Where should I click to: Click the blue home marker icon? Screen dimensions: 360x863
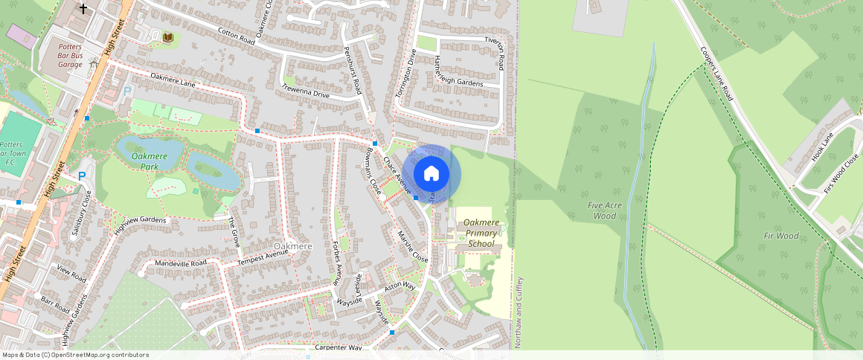click(x=431, y=174)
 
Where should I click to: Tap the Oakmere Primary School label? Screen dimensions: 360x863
click(x=481, y=233)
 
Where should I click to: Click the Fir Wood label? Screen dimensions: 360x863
click(x=782, y=236)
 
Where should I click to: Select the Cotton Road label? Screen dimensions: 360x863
click(x=237, y=36)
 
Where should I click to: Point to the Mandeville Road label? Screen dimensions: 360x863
click(x=181, y=263)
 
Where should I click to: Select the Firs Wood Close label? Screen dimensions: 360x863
click(x=841, y=173)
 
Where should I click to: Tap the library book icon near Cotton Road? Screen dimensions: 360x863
click(x=168, y=36)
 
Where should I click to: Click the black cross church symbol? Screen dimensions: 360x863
click(x=83, y=9)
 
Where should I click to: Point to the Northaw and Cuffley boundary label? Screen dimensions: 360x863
click(x=519, y=312)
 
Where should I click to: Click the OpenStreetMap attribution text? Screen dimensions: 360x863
click(x=75, y=355)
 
